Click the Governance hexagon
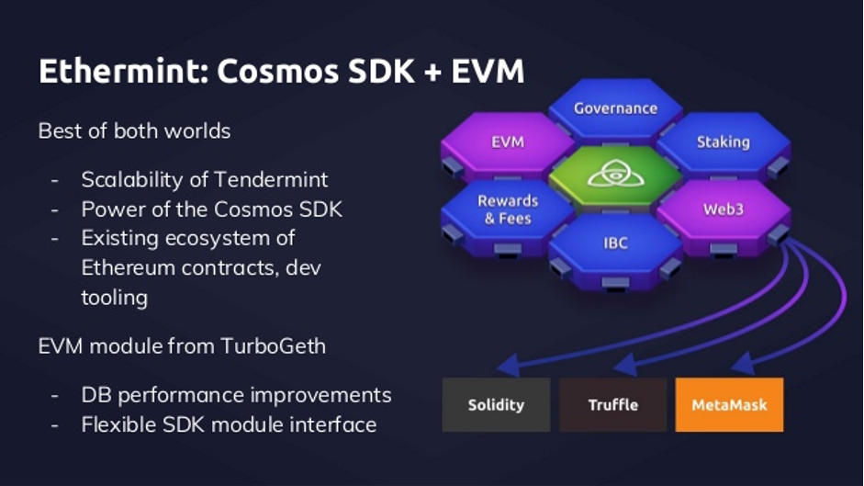pyautogui.click(x=615, y=110)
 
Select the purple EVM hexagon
pyautogui.click(x=508, y=146)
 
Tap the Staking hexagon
pyautogui.click(x=723, y=146)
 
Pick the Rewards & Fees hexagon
pyautogui.click(x=508, y=215)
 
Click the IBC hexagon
pyautogui.click(x=615, y=248)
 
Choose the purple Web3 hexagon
pyautogui.click(x=723, y=215)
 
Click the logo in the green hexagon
pyautogui.click(x=615, y=175)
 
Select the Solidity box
pyautogui.click(x=496, y=404)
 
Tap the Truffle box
pyautogui.click(x=612, y=404)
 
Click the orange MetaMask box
pyautogui.click(x=729, y=404)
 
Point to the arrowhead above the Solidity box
pyautogui.click(x=510, y=366)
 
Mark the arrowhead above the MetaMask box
pyautogui.click(x=743, y=364)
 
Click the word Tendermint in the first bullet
pyautogui.click(x=271, y=179)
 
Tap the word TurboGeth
pyautogui.click(x=274, y=346)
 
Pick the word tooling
pyautogui.click(x=115, y=299)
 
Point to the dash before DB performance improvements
pyautogui.click(x=54, y=396)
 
